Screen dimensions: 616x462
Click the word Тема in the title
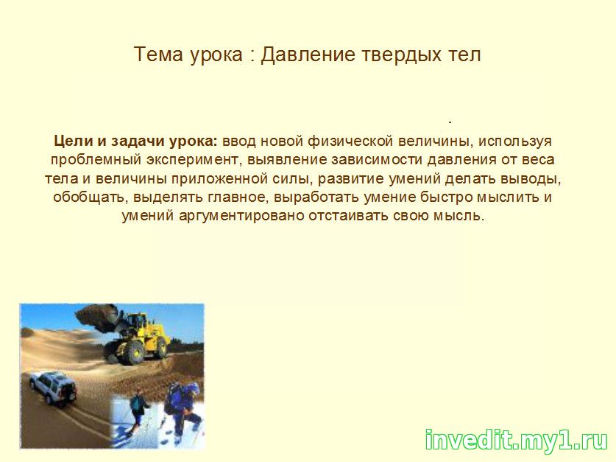158,55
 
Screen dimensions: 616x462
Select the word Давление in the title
308,55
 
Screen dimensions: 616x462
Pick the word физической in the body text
350,141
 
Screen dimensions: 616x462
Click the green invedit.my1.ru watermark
516,440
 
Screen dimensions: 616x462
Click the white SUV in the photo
53,388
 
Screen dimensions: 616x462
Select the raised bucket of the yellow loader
96,317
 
